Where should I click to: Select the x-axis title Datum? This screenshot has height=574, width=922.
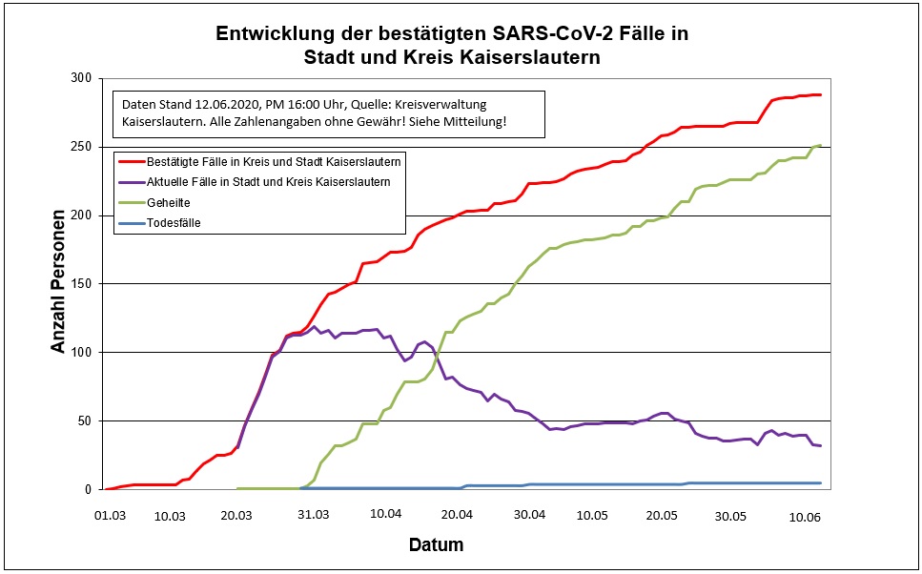pos(436,545)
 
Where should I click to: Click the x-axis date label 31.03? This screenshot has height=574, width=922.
pos(314,514)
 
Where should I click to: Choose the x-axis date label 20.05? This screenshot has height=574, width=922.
pos(660,514)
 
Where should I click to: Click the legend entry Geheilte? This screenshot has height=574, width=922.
pos(168,202)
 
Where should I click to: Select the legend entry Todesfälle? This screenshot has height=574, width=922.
pos(174,224)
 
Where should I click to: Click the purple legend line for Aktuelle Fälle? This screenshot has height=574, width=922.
pos(130,180)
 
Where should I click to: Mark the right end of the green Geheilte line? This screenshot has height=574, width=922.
pos(820,145)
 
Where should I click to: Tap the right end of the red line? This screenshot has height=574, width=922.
pos(820,94)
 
